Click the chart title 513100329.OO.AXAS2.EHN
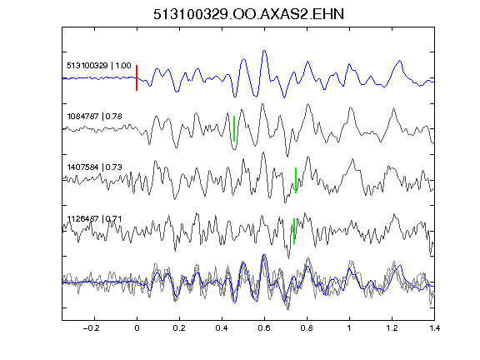(248, 14)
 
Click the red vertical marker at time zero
(137, 77)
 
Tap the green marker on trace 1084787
(234, 128)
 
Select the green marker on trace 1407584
(296, 180)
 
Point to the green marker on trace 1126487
(294, 231)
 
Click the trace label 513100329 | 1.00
(99, 66)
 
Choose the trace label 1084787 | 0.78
(94, 117)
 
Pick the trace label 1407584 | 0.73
(94, 167)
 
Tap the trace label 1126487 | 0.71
(94, 219)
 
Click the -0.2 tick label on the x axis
(92, 328)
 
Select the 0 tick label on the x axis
(137, 328)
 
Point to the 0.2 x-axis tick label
(179, 328)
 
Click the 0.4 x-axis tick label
(222, 328)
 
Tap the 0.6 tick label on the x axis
(264, 328)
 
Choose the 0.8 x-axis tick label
(307, 328)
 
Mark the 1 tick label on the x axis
(349, 328)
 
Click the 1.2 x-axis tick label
(392, 328)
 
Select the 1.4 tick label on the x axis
(434, 328)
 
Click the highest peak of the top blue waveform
(264, 51)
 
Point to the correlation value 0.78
(114, 117)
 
